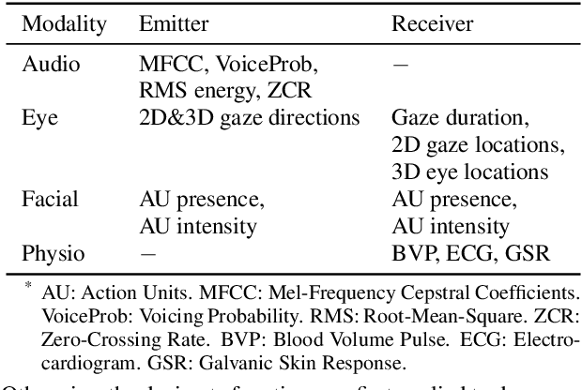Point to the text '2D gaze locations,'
(x=478, y=145)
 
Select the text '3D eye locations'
(x=470, y=172)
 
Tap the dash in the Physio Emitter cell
(x=146, y=253)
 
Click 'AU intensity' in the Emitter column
(x=197, y=226)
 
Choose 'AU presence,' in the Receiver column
(x=453, y=200)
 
